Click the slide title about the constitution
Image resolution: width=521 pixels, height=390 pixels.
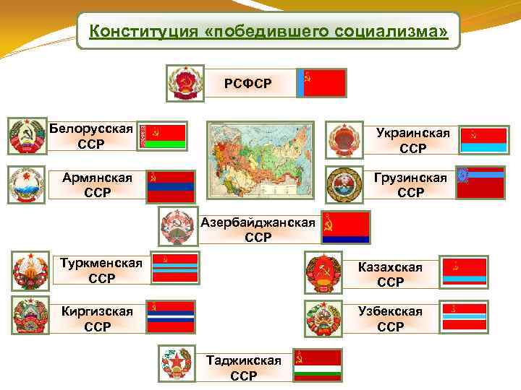click(268, 32)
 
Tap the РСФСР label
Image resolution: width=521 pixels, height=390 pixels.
click(247, 84)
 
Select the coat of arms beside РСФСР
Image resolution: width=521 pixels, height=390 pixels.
click(186, 84)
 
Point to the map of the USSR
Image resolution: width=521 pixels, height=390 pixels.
click(262, 159)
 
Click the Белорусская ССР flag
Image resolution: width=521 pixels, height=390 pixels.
click(162, 136)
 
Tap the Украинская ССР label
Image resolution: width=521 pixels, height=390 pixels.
click(412, 141)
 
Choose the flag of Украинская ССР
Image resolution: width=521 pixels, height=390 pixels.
click(483, 136)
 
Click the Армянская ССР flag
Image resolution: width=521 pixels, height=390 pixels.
click(171, 186)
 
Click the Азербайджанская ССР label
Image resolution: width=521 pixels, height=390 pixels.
click(258, 230)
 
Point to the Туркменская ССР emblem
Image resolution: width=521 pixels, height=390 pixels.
click(29, 270)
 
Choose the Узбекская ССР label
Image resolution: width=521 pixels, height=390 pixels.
click(391, 318)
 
